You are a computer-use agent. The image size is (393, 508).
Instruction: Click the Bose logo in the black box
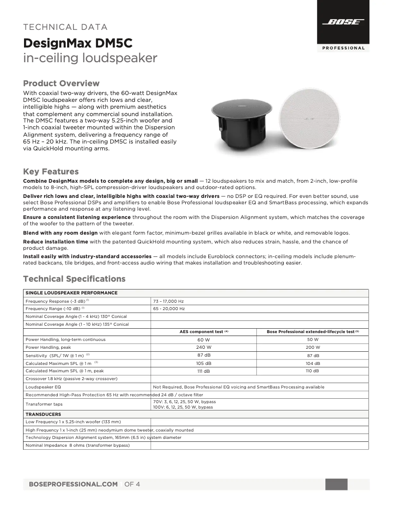click(343, 22)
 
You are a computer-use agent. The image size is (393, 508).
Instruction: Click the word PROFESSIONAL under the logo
click(343, 48)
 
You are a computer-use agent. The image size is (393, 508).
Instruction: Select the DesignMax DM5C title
click(78, 43)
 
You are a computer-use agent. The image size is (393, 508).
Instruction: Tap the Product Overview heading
click(61, 83)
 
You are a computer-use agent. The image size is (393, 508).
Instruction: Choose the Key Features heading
click(51, 171)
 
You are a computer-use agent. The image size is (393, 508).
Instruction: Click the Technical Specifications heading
click(74, 279)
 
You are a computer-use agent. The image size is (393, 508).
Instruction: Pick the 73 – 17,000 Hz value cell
click(169, 301)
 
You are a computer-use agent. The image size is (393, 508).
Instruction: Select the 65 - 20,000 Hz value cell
click(169, 309)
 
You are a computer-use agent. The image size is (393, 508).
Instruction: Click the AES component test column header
click(204, 332)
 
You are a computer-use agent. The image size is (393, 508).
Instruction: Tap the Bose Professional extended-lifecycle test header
click(313, 332)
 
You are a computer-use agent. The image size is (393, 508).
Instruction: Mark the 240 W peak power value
click(204, 347)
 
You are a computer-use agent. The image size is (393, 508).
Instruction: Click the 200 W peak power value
click(313, 347)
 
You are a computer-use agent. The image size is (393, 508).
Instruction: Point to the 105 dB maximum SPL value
click(204, 363)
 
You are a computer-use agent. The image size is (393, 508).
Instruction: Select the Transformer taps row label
click(44, 404)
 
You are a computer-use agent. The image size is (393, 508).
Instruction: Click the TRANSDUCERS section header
click(43, 414)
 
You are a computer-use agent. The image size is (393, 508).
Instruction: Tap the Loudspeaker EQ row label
click(43, 387)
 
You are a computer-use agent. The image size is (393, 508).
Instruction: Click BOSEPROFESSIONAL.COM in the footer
click(74, 484)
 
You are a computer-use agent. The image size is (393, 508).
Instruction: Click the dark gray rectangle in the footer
click(336, 484)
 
